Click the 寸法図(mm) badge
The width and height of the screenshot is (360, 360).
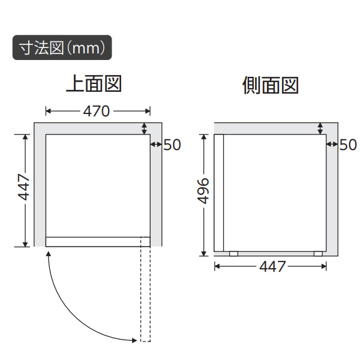click(x=62, y=47)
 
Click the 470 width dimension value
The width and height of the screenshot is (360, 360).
click(x=96, y=111)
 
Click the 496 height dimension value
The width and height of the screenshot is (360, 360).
click(x=202, y=191)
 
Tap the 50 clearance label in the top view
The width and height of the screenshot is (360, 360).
click(x=172, y=145)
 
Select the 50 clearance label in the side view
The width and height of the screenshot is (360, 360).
click(x=347, y=145)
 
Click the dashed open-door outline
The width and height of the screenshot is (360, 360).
click(x=145, y=288)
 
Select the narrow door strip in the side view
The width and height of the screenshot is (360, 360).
click(x=219, y=192)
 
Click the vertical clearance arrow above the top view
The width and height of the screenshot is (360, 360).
click(x=144, y=128)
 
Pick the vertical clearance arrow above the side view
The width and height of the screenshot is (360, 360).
click(x=320, y=128)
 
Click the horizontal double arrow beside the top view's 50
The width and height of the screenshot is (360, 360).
click(x=155, y=144)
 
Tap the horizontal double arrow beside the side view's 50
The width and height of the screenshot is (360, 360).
click(x=332, y=144)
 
